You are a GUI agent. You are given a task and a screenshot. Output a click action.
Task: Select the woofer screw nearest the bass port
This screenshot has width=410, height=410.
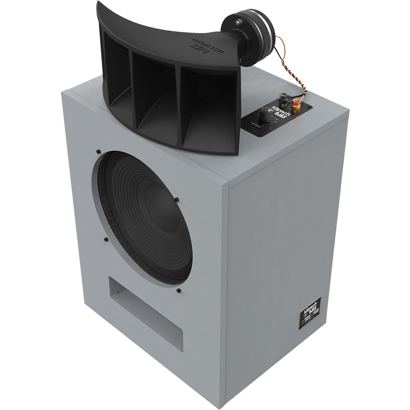coord(178,291)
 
